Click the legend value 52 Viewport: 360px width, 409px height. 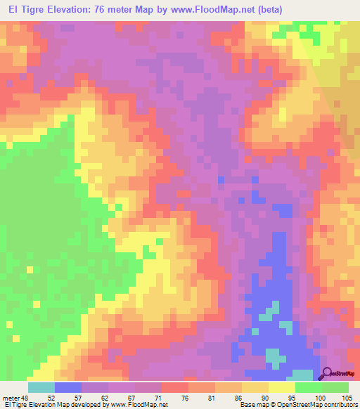[50, 397]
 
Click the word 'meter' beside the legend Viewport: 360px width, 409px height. [11, 397]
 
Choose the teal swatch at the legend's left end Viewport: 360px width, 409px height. [41, 387]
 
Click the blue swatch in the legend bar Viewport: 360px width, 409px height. [68, 387]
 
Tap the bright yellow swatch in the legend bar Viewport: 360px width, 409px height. [282, 387]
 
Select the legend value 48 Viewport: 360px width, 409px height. [26, 397]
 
